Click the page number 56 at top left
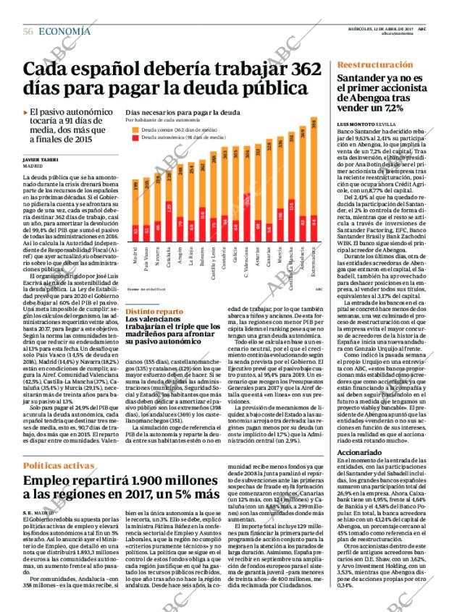pyautogui.click(x=28, y=30)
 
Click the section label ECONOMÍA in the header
pyautogui.click(x=64, y=30)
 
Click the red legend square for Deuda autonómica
pyautogui.click(x=135, y=136)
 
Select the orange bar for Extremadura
pyautogui.click(x=314, y=166)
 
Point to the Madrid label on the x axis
pyautogui.click(x=135, y=260)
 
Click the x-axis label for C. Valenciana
pyautogui.click(x=248, y=265)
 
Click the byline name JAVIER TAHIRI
pyautogui.click(x=41, y=159)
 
